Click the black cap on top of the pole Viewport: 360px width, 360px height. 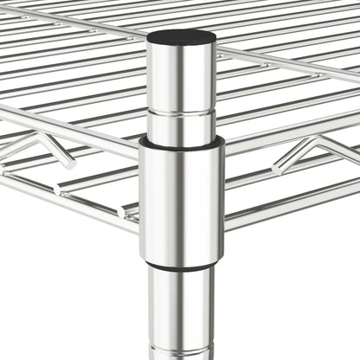[181, 37]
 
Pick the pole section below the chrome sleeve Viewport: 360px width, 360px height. [181, 312]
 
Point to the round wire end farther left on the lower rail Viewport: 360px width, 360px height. [59, 188]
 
